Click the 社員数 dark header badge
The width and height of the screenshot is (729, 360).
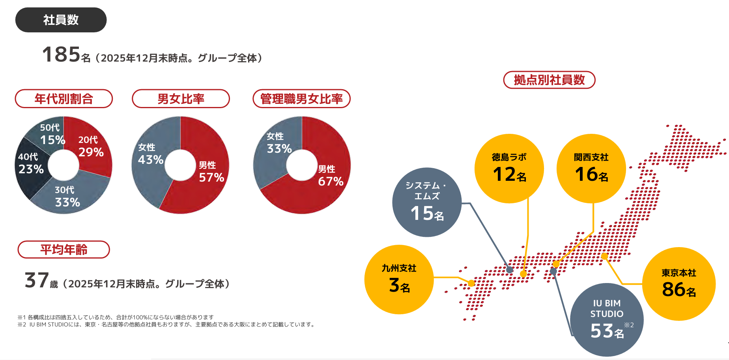coord(61,20)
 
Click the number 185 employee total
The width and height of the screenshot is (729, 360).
coord(61,54)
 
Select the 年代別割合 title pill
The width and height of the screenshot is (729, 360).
coord(64,99)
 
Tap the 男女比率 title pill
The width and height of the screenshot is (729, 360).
coord(181,99)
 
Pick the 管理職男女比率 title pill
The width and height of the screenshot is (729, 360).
coord(301,99)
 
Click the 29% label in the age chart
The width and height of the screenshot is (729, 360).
coord(91,152)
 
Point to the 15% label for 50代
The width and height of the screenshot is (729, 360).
coord(52,140)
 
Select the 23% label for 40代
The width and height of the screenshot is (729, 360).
coord(31,169)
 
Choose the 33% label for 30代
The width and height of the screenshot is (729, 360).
coord(67,202)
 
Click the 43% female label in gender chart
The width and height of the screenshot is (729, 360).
coord(151,159)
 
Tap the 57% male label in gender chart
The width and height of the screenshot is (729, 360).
coord(211,177)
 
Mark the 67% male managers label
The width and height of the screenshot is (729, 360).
coord(331,181)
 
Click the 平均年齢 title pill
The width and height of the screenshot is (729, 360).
coord(64,249)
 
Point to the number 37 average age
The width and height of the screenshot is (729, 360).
coord(37,280)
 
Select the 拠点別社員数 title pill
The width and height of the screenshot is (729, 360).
coord(549,80)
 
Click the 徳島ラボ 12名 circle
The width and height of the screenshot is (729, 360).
coord(509,169)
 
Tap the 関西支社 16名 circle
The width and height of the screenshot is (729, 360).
coord(591,169)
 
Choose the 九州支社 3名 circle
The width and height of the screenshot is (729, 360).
coord(399,279)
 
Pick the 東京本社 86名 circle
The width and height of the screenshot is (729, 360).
coord(679,284)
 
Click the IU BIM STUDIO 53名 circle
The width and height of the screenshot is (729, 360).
coord(607,319)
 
